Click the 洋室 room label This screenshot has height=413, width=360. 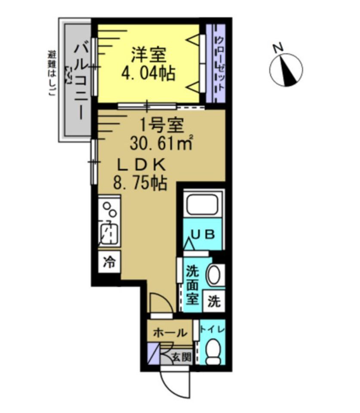tap(148, 55)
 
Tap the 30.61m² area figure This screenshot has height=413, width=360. tap(161, 142)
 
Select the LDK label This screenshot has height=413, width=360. tap(142, 165)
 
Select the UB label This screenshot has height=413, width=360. tap(203, 234)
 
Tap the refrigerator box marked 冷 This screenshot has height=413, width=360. tap(109, 262)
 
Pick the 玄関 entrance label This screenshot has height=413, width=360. tap(182, 357)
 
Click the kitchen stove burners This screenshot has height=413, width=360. tap(110, 210)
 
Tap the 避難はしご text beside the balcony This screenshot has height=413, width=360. tap(51, 73)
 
